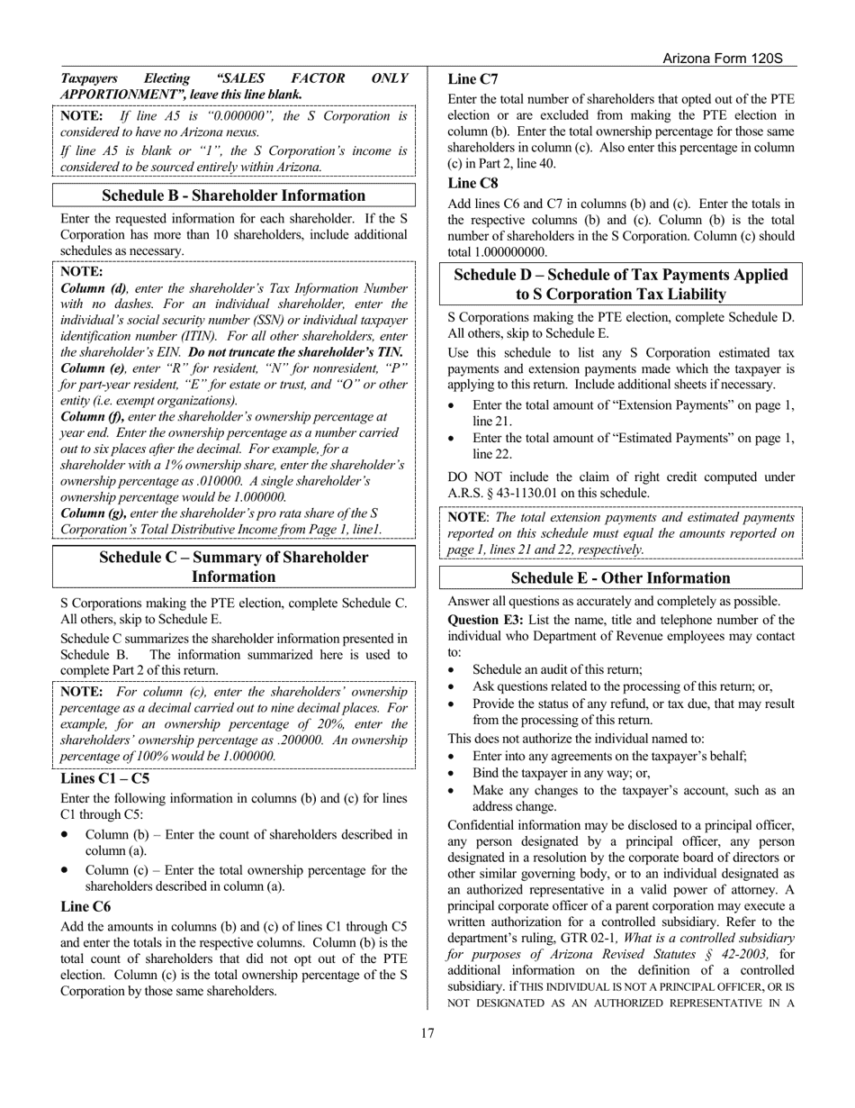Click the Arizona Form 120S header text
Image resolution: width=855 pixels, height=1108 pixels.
[722, 59]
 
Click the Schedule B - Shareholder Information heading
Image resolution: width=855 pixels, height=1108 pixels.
[234, 195]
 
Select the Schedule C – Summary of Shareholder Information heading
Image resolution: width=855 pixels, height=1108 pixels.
[234, 567]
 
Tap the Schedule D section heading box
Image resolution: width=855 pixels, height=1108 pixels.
[620, 285]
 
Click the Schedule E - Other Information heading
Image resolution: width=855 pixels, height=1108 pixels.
[620, 577]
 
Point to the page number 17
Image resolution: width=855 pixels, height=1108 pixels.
[427, 1033]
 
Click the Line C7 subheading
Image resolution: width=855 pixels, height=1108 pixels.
[472, 79]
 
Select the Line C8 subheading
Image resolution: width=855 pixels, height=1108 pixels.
[472, 183]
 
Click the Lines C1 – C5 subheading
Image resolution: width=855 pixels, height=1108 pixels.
[105, 778]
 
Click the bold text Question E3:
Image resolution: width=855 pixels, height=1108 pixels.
[486, 620]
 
